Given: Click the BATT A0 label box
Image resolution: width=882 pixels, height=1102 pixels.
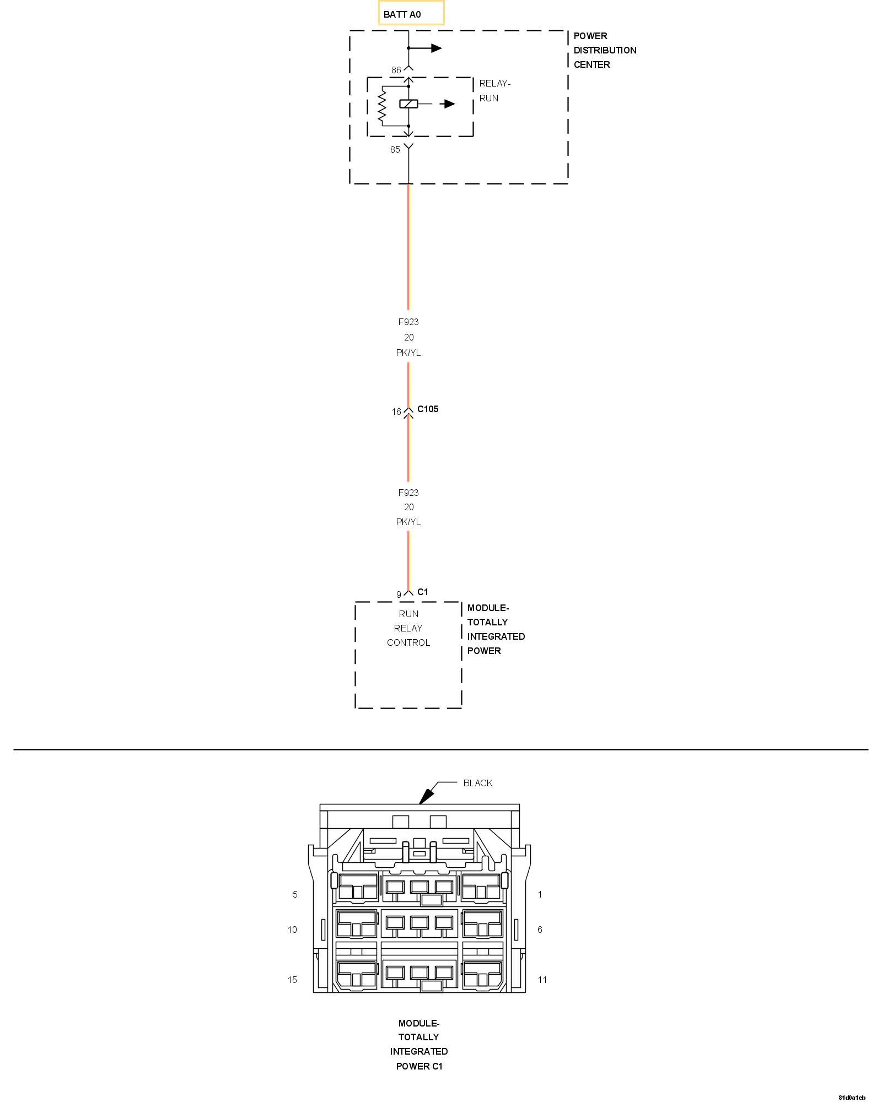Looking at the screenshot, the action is [x=411, y=14].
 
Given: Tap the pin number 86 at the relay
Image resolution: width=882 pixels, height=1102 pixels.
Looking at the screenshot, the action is [x=396, y=71].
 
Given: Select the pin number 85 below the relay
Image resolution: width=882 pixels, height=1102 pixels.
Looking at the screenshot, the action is [x=395, y=150].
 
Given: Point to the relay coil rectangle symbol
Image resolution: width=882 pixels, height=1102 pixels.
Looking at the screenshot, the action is [x=408, y=104].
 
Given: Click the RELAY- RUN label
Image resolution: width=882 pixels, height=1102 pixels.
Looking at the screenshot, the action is [x=494, y=91].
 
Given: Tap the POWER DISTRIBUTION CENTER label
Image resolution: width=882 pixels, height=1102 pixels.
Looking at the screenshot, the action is [x=605, y=50].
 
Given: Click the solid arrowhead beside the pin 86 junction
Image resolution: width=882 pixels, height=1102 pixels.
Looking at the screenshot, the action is [x=437, y=48].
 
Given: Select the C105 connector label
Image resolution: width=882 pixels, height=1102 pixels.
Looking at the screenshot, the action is [x=428, y=409].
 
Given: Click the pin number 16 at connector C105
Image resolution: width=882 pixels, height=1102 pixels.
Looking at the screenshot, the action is [x=396, y=412].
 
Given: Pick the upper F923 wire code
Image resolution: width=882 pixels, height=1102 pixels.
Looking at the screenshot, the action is [x=408, y=322].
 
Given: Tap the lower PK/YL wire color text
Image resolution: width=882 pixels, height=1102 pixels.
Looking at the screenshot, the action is [x=408, y=522].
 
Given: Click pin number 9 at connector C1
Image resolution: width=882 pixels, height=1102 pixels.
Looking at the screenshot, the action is [x=399, y=595].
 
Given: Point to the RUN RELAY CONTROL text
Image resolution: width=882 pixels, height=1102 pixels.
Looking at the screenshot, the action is [x=408, y=628].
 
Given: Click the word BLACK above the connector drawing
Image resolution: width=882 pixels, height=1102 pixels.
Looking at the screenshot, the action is [x=477, y=783].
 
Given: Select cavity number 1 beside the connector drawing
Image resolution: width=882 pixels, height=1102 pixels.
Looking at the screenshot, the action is [x=540, y=894].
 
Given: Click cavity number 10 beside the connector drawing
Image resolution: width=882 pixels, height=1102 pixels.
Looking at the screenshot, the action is [x=292, y=930].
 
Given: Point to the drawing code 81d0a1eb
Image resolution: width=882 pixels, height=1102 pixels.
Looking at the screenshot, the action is [x=852, y=1098].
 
